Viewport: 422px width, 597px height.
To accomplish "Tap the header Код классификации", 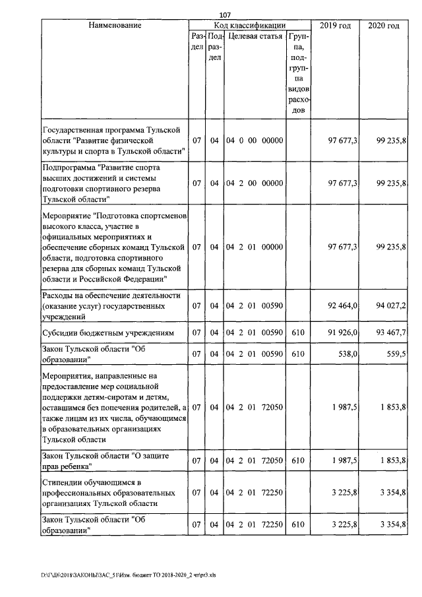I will click(249, 25).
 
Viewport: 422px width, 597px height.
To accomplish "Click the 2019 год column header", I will click(335, 25).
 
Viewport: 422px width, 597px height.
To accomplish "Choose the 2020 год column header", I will click(384, 25).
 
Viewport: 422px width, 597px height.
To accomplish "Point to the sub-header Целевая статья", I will click(255, 36).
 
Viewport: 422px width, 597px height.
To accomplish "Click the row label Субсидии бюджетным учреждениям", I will click(107, 333).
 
